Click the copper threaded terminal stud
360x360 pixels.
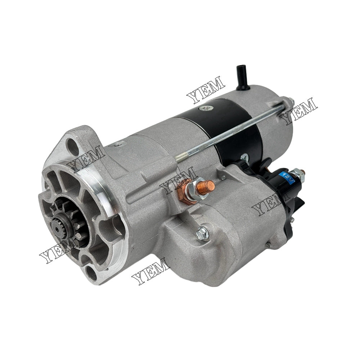[x=208, y=185]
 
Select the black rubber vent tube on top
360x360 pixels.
[x=241, y=78]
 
